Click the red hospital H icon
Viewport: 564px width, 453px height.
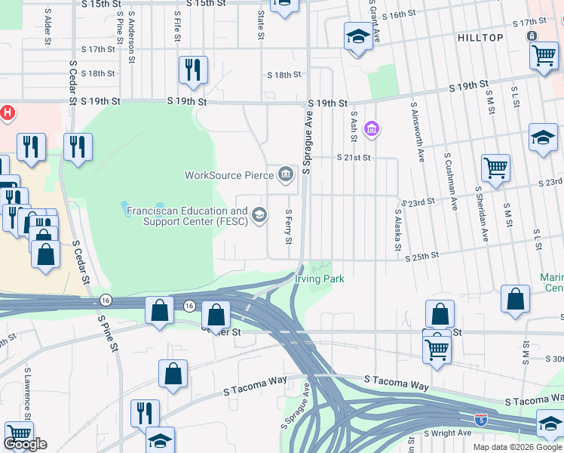(x=7, y=113)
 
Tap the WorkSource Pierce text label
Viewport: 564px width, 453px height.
(x=229, y=176)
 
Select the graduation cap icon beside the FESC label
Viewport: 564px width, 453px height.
(x=259, y=216)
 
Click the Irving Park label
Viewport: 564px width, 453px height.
(x=319, y=279)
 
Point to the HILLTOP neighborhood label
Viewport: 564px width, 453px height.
(x=480, y=37)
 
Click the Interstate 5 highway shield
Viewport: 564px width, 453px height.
(x=480, y=418)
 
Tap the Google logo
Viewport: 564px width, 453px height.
(x=26, y=444)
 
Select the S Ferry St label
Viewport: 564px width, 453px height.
(x=288, y=227)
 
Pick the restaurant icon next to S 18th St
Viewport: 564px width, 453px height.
(x=192, y=69)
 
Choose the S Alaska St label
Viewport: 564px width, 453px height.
(x=397, y=231)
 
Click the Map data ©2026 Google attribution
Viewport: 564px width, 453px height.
(x=516, y=447)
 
